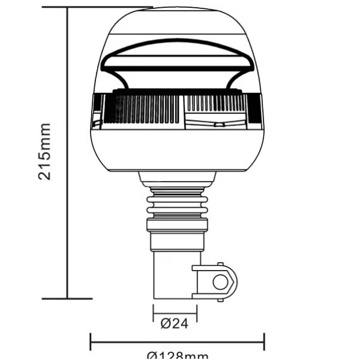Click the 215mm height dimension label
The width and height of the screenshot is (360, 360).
(x=44, y=151)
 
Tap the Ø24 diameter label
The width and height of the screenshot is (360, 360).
(x=175, y=323)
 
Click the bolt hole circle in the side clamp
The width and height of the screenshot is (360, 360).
(x=220, y=281)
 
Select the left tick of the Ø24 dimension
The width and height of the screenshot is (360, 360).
(x=154, y=313)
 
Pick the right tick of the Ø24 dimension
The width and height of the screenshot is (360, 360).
(x=196, y=313)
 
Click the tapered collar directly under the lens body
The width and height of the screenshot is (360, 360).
(x=176, y=178)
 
